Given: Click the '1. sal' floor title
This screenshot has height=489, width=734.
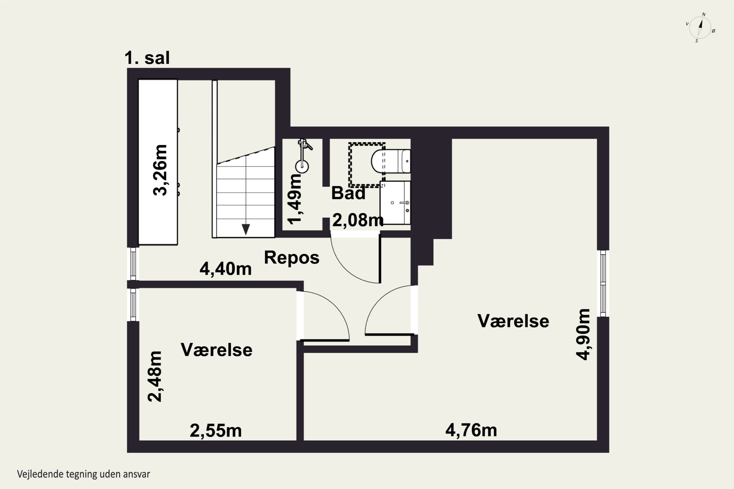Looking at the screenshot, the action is pyautogui.click(x=147, y=58).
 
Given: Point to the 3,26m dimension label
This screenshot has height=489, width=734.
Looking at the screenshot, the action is pyautogui.click(x=160, y=170).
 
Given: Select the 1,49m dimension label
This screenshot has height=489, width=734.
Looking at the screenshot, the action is pyautogui.click(x=294, y=199).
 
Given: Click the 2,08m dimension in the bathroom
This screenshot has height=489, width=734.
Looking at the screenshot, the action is pyautogui.click(x=358, y=220).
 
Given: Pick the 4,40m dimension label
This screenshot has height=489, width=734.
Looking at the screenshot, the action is pyautogui.click(x=226, y=268).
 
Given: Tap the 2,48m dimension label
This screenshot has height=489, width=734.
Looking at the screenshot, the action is pyautogui.click(x=155, y=377).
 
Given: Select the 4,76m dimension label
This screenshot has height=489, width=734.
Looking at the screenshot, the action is pyautogui.click(x=471, y=430).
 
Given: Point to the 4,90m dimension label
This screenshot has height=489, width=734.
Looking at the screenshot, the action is pyautogui.click(x=583, y=335).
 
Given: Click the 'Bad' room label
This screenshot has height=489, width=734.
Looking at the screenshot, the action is pyautogui.click(x=348, y=193).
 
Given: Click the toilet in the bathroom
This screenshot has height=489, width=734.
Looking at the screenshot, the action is pyautogui.click(x=391, y=161).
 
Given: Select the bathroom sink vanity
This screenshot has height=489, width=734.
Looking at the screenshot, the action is pyautogui.click(x=395, y=202).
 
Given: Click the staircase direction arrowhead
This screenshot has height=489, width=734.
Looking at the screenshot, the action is pyautogui.click(x=246, y=229).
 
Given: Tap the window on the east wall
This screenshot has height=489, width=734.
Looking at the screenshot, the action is pyautogui.click(x=603, y=283).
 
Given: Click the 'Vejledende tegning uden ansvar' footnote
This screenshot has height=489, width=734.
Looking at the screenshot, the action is pyautogui.click(x=84, y=474).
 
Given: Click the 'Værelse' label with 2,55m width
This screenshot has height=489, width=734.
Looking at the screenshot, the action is pyautogui.click(x=217, y=350).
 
